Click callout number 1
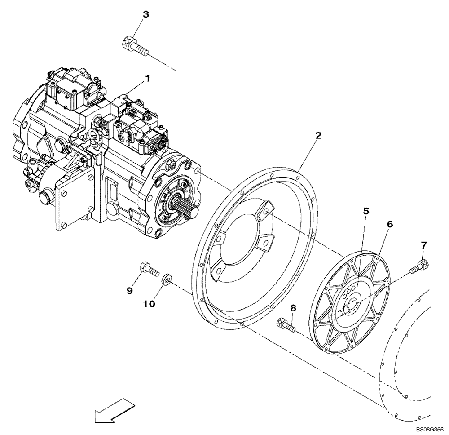pyautogui.click(x=147, y=79)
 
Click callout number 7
pyautogui.click(x=424, y=245)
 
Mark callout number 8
pyautogui.click(x=293, y=308)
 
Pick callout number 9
pyautogui.click(x=130, y=291)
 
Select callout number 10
pyautogui.click(x=149, y=304)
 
